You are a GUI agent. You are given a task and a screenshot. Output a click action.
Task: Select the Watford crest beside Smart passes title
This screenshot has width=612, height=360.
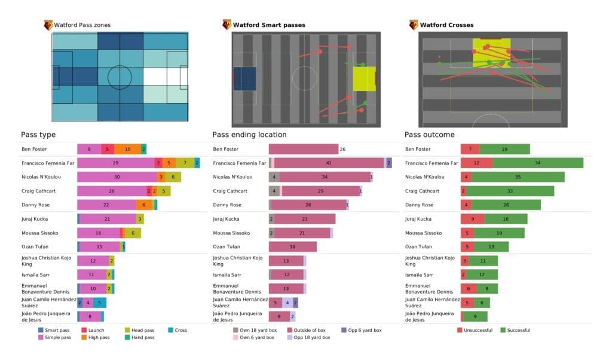click(227, 25)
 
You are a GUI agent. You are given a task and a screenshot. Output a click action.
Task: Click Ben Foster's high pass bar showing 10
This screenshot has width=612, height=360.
click(127, 149)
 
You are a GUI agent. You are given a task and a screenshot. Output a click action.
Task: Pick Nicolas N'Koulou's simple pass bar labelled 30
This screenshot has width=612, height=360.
click(117, 177)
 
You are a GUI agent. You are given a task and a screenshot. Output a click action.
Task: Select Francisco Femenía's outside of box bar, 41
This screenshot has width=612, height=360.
click(329, 163)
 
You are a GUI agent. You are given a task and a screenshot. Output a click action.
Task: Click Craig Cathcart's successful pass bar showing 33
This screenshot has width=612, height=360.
click(509, 191)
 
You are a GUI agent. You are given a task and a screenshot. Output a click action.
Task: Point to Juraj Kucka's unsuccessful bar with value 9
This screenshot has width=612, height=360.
click(472, 219)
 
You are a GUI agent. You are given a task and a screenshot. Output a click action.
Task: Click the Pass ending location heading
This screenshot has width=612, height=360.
click(249, 135)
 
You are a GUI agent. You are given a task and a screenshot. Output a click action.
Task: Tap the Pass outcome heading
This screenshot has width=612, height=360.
click(429, 135)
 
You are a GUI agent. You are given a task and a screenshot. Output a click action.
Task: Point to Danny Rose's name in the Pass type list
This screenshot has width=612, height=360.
click(34, 205)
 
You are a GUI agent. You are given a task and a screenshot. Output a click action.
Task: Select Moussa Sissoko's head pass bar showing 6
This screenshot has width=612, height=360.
click(132, 233)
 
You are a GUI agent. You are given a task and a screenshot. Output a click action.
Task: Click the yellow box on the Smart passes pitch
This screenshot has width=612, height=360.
click(364, 78)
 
